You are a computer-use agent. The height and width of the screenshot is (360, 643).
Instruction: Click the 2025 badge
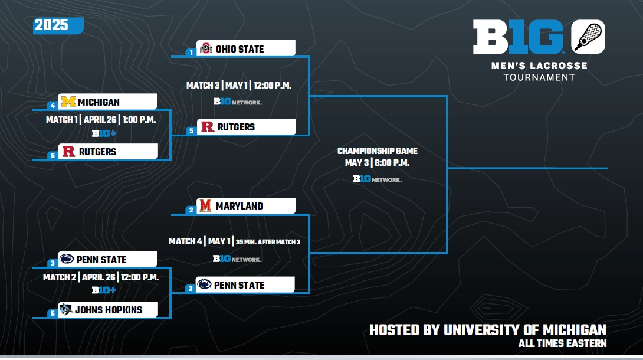[x=58, y=25]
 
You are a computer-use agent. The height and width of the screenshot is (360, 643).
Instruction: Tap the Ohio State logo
[x=206, y=49]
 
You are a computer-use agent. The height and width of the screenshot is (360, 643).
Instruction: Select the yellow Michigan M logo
[x=68, y=102]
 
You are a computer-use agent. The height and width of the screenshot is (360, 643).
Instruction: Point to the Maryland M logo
[x=205, y=206]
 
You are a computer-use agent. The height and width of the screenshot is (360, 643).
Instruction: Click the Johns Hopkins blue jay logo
[x=66, y=309]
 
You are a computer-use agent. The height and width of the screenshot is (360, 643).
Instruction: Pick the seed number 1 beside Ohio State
[x=191, y=52]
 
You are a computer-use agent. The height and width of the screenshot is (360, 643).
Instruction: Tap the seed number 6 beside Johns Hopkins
[x=52, y=313]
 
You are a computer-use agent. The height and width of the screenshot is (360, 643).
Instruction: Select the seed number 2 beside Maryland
[x=191, y=210]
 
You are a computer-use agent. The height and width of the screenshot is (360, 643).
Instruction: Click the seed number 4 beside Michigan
[x=52, y=106]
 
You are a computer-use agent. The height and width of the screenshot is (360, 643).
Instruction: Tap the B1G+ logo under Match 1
[x=104, y=133]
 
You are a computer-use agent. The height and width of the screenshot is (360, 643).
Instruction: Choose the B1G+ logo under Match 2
[x=104, y=290]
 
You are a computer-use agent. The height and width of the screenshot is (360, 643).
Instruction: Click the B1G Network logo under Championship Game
[x=378, y=179]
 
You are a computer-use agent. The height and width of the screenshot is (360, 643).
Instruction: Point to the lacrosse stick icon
[x=588, y=37]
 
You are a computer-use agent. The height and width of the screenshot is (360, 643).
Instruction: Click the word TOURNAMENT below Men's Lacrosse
[x=539, y=77]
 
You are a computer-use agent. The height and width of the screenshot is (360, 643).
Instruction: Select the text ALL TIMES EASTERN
[x=562, y=343]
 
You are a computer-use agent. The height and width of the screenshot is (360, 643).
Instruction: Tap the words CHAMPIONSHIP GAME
[x=378, y=151]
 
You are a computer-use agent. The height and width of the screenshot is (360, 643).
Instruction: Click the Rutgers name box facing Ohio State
[x=247, y=127]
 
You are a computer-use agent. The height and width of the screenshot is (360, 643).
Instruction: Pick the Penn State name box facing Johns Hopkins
[x=107, y=259]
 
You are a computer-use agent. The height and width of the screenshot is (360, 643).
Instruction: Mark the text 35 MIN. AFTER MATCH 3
[x=268, y=242]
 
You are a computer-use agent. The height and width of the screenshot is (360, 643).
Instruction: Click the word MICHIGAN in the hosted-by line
[x=575, y=330]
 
